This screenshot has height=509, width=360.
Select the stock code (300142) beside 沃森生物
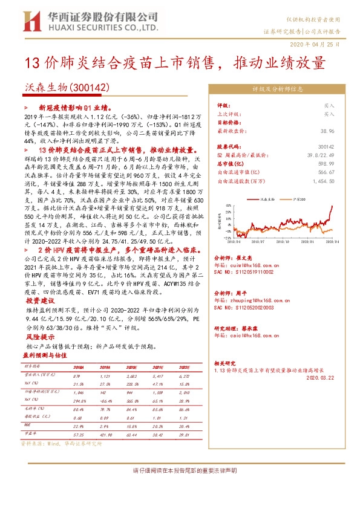(x=90, y=88)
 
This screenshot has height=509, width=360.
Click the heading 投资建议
(x=40, y=300)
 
